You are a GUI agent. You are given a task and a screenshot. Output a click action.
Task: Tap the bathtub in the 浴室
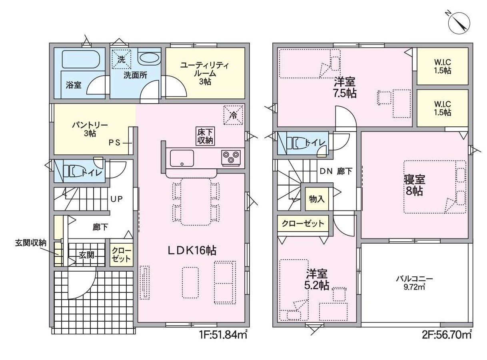point(81,59)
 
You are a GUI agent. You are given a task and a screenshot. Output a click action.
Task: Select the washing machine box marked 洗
point(122,59)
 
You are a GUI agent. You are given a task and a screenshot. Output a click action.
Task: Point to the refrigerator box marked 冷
point(233,115)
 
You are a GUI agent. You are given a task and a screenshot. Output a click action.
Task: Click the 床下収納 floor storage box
point(205,136)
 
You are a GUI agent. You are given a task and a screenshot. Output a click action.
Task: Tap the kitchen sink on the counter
point(182,158)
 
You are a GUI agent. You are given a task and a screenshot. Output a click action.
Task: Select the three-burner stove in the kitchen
point(231,158)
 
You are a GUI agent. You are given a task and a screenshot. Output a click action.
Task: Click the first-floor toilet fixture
point(72,171)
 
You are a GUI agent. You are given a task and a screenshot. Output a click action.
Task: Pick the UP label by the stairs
point(116,199)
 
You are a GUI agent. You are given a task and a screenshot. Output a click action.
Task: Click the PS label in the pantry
point(115,143)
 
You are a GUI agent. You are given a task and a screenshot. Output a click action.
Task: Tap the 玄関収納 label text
point(30,243)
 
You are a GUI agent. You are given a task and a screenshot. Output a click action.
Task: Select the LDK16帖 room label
point(192,250)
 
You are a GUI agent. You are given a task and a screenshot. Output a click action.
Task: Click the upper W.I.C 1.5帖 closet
point(443,66)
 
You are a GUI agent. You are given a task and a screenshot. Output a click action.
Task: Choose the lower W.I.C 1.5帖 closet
point(443,108)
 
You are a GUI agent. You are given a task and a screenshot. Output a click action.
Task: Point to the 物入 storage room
point(317,199)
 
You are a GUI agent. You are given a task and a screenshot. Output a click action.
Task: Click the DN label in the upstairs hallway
point(326,171)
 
